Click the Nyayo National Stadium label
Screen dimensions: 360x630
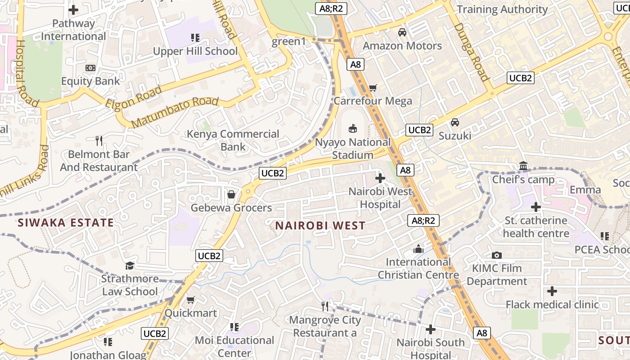pyautogui.click(x=353, y=148)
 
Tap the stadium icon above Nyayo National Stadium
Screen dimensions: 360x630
pyautogui.click(x=353, y=129)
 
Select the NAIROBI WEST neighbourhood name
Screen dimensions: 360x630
pyautogui.click(x=320, y=225)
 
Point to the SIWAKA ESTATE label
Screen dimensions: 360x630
pyautogui.click(x=66, y=222)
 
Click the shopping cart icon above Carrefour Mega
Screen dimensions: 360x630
pyautogui.click(x=373, y=88)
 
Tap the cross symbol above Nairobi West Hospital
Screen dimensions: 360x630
pyautogui.click(x=380, y=178)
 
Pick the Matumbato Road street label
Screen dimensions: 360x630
pyautogui.click(x=175, y=112)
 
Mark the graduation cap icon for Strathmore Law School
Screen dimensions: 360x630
pyautogui.click(x=130, y=265)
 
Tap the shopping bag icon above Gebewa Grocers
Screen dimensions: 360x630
pyautogui.click(x=231, y=194)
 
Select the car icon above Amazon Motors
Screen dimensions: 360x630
pyautogui.click(x=402, y=32)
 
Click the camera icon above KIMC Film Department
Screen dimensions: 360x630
pyautogui.click(x=497, y=255)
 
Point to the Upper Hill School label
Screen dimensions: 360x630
pyautogui.click(x=195, y=51)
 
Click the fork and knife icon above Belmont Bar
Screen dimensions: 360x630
pyautogui.click(x=99, y=141)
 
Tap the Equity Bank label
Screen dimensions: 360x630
pyautogui.click(x=90, y=81)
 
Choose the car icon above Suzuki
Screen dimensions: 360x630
pyautogui.click(x=455, y=122)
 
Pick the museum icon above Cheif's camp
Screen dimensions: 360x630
pyautogui.click(x=523, y=166)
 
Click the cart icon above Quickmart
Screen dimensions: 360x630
pyautogui.click(x=190, y=300)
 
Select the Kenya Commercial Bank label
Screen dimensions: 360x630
pyautogui.click(x=233, y=140)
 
